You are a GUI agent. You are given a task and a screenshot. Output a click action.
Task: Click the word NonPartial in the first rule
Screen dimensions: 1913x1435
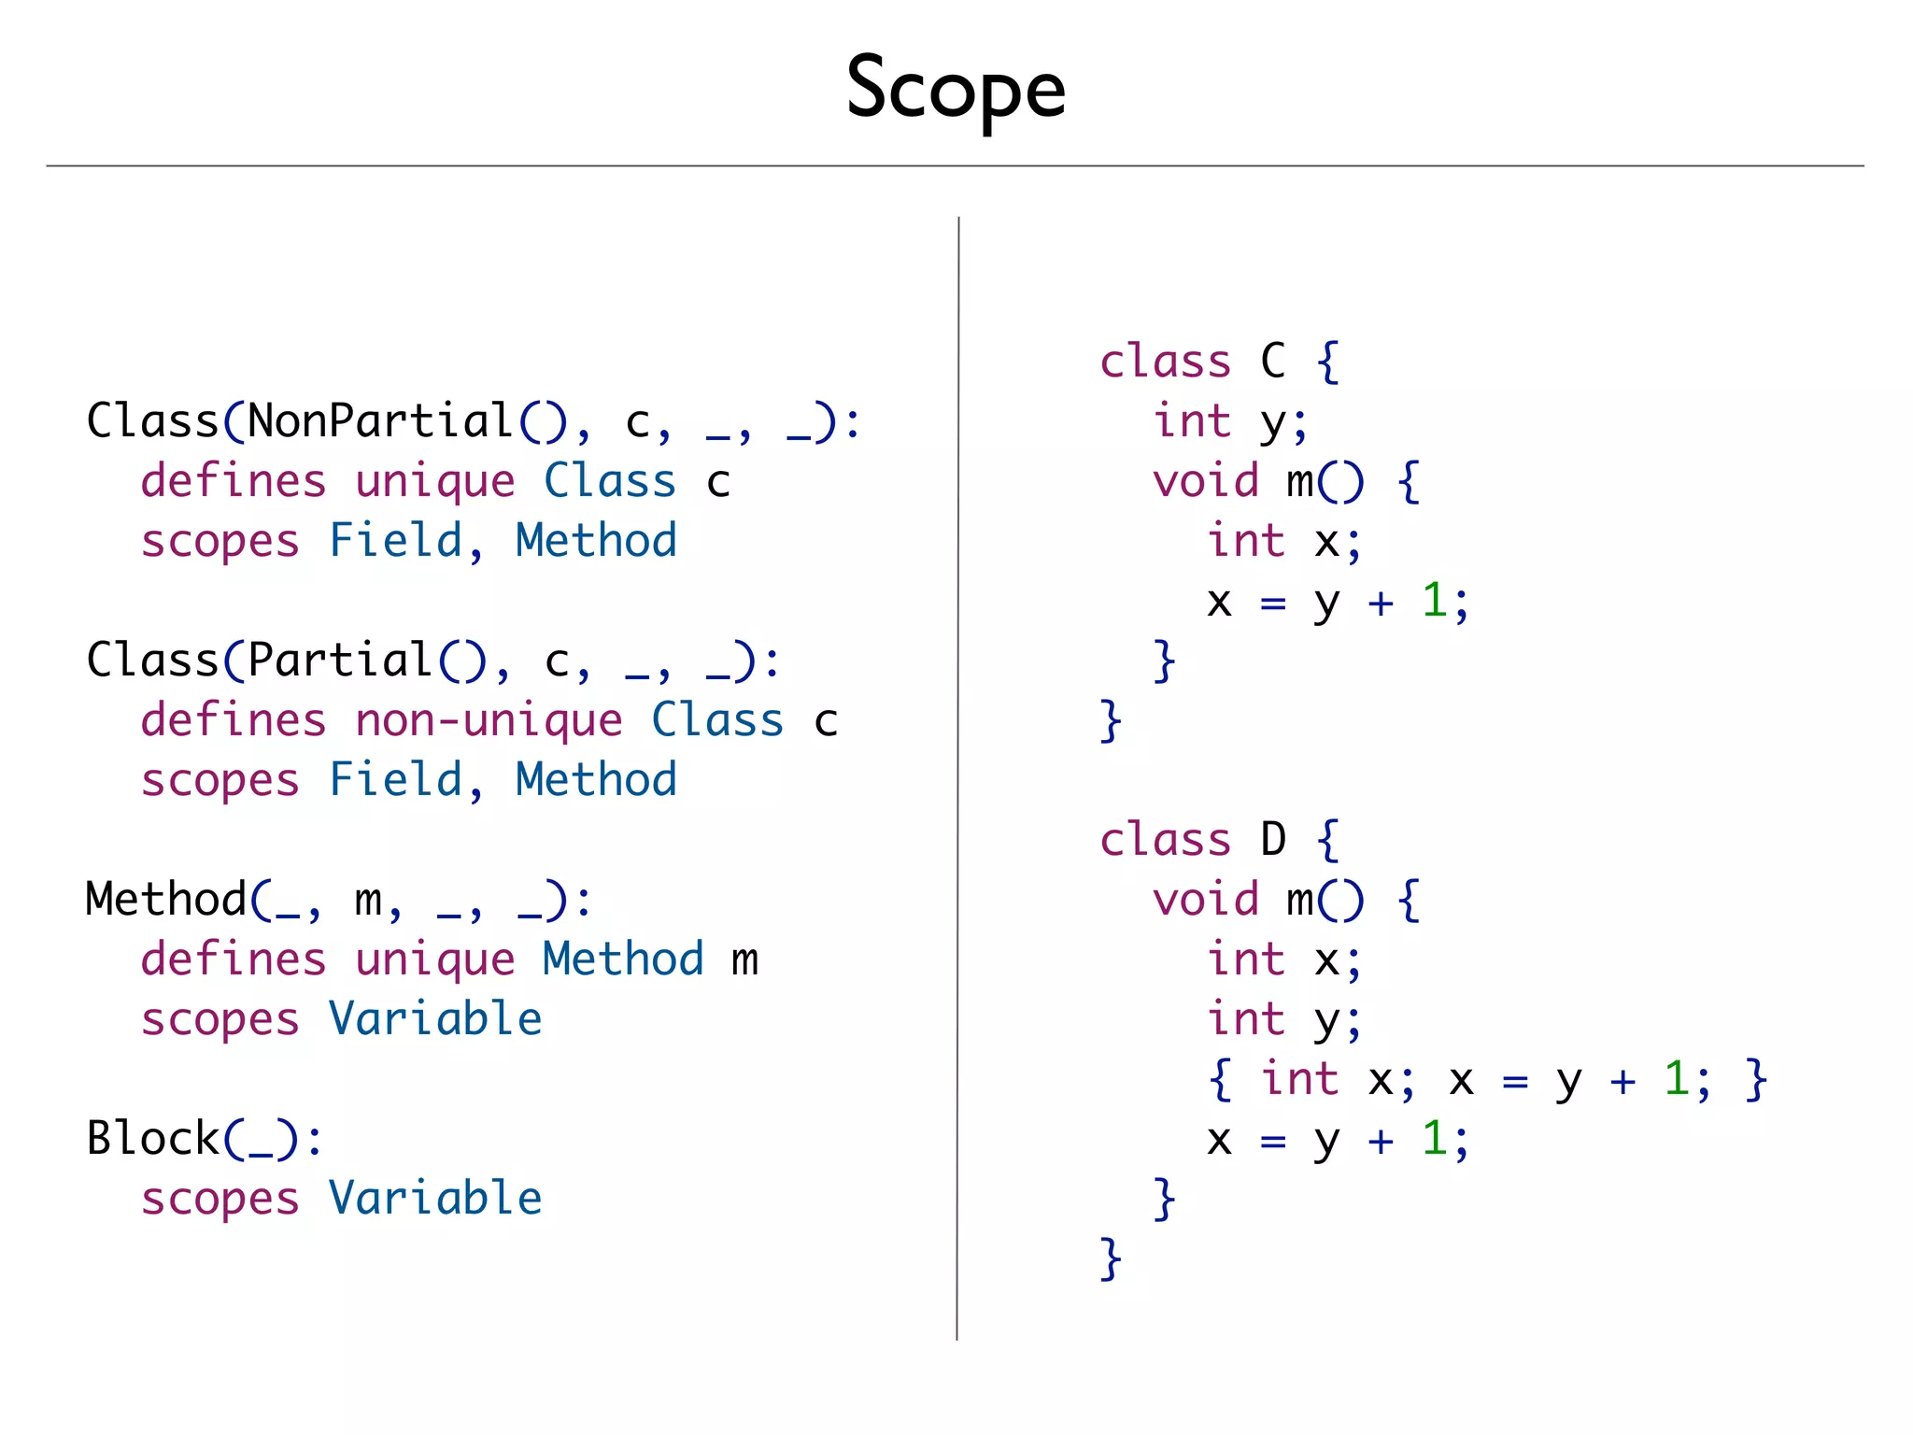[x=380, y=421]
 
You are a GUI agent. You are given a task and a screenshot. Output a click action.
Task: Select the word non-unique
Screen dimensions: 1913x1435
[x=489, y=720]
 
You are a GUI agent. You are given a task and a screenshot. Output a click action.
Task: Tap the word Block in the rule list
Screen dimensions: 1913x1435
[x=152, y=1139]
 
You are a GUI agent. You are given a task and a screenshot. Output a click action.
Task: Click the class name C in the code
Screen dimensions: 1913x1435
[x=1273, y=362]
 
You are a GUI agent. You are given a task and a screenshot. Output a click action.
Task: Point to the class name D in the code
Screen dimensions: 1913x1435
[x=1273, y=840]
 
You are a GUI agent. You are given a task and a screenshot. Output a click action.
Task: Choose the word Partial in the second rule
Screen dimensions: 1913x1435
[x=340, y=661]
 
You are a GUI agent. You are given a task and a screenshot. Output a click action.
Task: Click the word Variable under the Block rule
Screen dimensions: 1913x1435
[x=435, y=1199]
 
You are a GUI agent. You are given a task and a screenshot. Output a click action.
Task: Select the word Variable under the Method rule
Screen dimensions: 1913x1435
[x=435, y=1019]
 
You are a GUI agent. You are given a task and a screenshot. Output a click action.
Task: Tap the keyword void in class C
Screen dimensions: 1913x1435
[x=1206, y=481]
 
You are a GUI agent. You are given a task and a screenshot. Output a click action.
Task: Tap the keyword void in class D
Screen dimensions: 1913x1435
[x=1206, y=900]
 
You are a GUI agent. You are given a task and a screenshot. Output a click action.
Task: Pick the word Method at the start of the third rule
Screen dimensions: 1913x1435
[x=165, y=900]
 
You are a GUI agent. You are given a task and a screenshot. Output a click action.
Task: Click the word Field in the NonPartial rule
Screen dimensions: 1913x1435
[x=396, y=541]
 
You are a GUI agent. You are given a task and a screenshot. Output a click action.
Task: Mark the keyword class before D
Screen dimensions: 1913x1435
[x=1166, y=840]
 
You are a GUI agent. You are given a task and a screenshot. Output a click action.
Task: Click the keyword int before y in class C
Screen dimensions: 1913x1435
[x=1192, y=421]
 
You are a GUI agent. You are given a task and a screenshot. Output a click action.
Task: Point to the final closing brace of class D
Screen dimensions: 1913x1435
[x=1111, y=1258]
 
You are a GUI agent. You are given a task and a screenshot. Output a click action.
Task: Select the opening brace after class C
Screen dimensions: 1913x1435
[x=1327, y=362]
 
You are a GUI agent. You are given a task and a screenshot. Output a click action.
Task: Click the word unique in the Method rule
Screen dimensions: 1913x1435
[x=435, y=959]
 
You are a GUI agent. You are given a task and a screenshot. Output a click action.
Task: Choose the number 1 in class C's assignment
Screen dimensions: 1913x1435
[x=1434, y=601]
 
